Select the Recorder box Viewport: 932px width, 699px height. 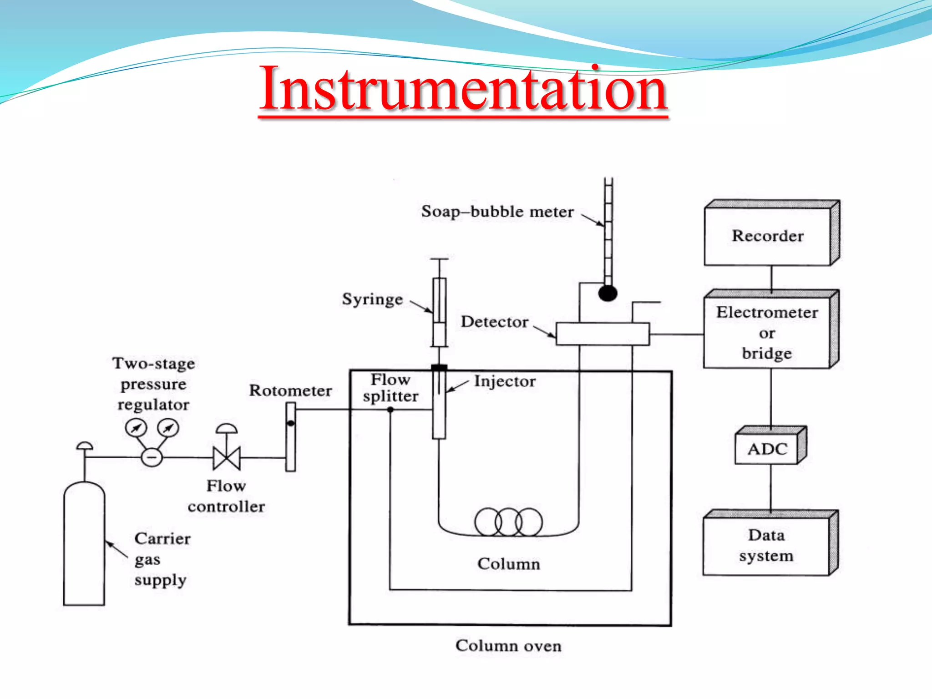coord(768,236)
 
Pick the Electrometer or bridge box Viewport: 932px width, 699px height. coord(767,333)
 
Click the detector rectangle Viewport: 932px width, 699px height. coord(602,334)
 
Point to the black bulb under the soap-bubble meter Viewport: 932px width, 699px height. coord(608,293)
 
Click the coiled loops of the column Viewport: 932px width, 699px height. coord(508,522)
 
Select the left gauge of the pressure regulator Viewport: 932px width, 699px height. coord(136,428)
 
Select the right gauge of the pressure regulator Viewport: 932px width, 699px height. coord(168,428)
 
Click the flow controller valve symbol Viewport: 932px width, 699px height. coord(227,457)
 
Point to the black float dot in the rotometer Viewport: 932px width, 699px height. coord(291,423)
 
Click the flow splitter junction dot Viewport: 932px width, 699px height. coord(390,410)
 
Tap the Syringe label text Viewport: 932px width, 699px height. coord(372,299)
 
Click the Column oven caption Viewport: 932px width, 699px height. coord(508,646)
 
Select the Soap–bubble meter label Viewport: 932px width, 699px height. coord(497,212)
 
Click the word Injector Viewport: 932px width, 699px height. coord(505,381)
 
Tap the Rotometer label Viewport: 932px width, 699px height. coord(290,390)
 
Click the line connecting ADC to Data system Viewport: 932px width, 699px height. coord(770,487)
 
